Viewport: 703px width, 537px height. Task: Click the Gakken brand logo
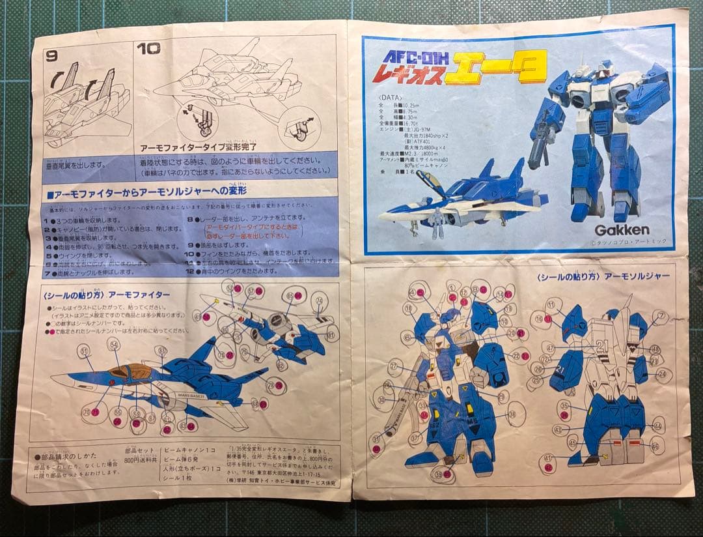click(x=622, y=229)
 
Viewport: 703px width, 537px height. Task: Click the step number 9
click(x=52, y=55)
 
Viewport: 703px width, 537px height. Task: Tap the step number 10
click(x=148, y=48)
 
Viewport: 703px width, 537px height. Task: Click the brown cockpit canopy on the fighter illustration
click(x=130, y=373)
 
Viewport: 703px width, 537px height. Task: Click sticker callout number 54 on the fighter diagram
click(x=113, y=343)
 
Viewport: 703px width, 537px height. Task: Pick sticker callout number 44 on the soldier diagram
click(x=657, y=426)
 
